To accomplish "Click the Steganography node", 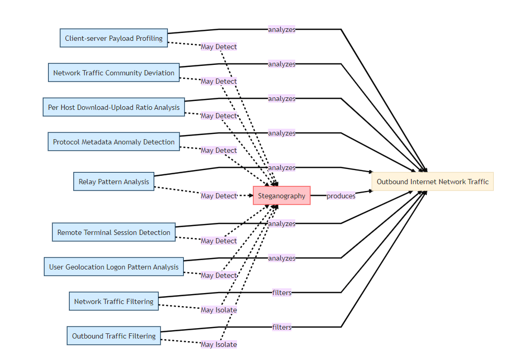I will (281, 196).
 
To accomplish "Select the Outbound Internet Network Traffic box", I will (433, 182).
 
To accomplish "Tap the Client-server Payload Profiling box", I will (114, 38).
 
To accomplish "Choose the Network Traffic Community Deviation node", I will (114, 73).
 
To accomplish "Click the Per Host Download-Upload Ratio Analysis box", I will (114, 107).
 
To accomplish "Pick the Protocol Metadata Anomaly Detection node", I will (114, 142).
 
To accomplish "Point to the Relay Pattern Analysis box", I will (114, 182).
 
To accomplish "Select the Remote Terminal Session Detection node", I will (114, 232).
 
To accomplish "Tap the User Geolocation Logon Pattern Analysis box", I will (114, 267).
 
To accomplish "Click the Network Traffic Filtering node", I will (114, 301).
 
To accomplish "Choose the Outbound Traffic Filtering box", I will (114, 336).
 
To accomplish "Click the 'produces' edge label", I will (341, 196).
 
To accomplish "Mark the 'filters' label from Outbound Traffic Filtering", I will (281, 327).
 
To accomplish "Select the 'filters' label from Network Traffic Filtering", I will (281, 292).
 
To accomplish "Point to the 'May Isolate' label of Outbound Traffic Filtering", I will (219, 344).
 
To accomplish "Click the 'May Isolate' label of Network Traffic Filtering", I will (219, 310).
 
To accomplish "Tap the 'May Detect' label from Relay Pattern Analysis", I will (219, 196).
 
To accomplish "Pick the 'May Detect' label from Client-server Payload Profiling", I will (219, 47).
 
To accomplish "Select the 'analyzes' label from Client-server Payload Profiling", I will (281, 29).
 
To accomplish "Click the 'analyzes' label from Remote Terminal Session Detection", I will (281, 223).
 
